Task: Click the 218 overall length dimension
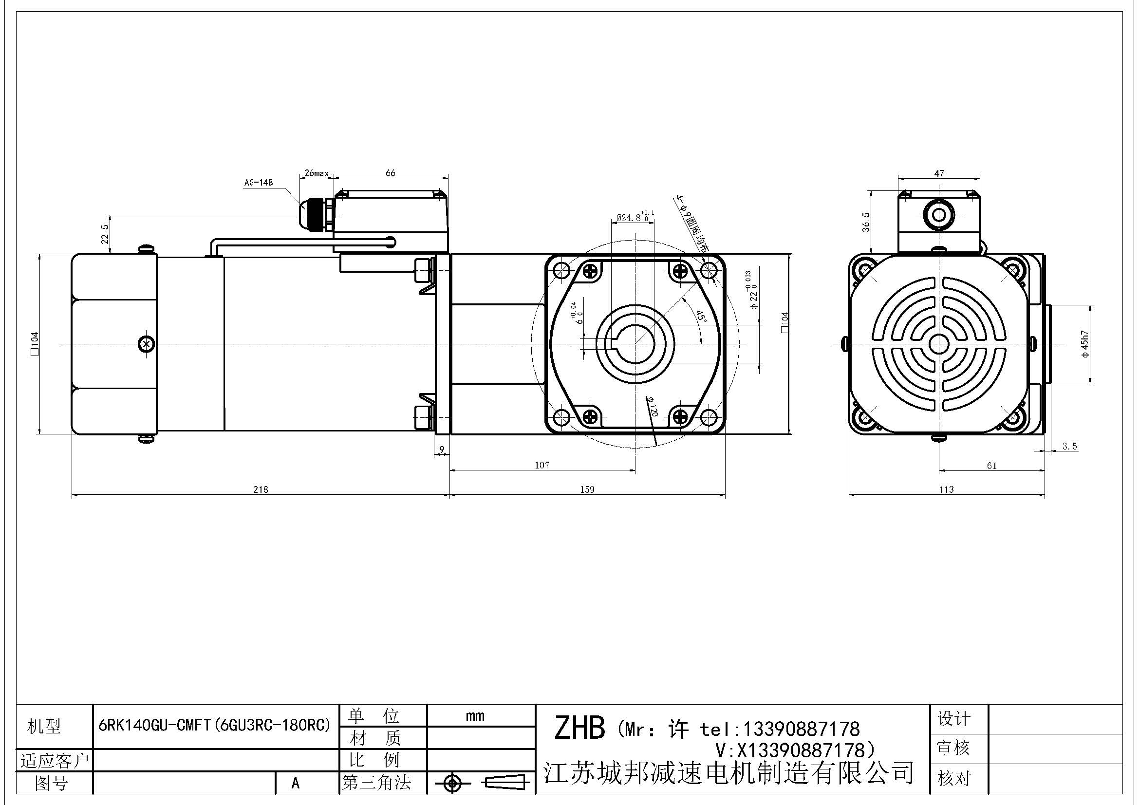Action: point(261,489)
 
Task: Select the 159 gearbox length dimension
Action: point(587,489)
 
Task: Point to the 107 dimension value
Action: point(541,465)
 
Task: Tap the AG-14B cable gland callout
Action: point(258,183)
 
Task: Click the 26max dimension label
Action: point(317,173)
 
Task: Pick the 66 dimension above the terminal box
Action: point(391,173)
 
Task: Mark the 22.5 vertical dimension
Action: point(105,234)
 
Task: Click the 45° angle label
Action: point(701,317)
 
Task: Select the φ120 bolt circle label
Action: point(653,407)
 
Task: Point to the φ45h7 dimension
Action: point(1085,344)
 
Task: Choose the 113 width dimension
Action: point(946,489)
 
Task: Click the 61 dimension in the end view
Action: point(991,466)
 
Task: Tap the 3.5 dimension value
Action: point(1070,447)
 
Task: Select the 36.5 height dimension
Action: point(866,222)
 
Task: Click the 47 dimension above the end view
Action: point(939,173)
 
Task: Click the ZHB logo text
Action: point(579,728)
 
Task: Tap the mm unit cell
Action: point(475,716)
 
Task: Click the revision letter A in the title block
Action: point(296,783)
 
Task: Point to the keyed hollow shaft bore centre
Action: point(635,343)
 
